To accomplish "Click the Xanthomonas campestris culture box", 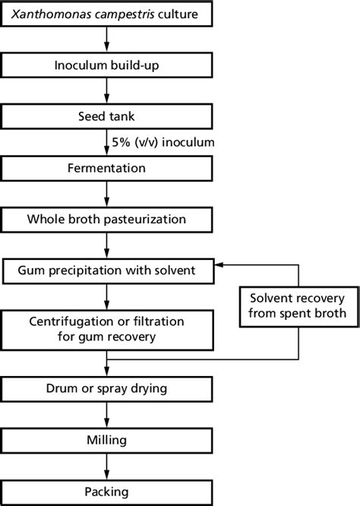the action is (106, 14).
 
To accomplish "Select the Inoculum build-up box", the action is (106, 65).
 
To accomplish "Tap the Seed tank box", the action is (106, 116).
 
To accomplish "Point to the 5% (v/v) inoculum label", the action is (163, 142).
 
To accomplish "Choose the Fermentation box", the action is (106, 168).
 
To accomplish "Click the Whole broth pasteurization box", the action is (106, 220).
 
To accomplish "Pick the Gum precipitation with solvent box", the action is (108, 270).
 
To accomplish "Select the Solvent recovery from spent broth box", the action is (299, 307).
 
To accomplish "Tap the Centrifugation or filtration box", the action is (107, 330).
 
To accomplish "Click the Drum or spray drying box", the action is (106, 389).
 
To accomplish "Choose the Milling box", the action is (106, 441).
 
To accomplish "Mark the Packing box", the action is (106, 492).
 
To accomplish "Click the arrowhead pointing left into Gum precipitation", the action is (219, 264).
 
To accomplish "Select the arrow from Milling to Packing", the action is (107, 466).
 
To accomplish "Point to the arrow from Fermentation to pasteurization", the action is (107, 194).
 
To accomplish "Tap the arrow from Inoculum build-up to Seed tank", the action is (107, 91).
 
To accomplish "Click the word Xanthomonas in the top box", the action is (47, 14).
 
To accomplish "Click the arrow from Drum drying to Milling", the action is (107, 415).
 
